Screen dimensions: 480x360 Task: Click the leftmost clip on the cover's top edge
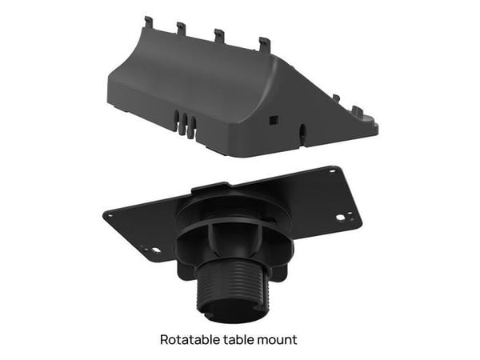[x=149, y=22]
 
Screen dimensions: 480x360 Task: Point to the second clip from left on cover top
[x=182, y=28]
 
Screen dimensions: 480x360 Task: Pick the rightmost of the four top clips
[x=264, y=44]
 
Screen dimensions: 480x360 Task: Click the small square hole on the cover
[x=273, y=120]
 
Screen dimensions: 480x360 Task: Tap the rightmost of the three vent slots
[x=193, y=126]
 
